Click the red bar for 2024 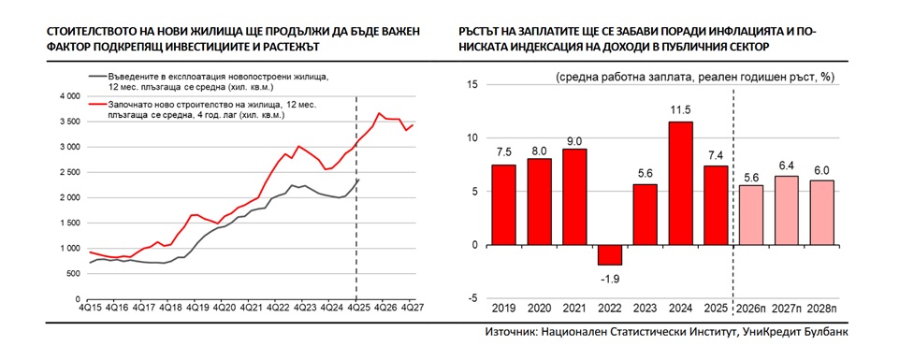pyautogui.click(x=680, y=183)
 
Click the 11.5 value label pyautogui.click(x=680, y=111)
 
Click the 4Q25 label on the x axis pyautogui.click(x=355, y=307)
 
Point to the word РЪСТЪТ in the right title pyautogui.click(x=483, y=31)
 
